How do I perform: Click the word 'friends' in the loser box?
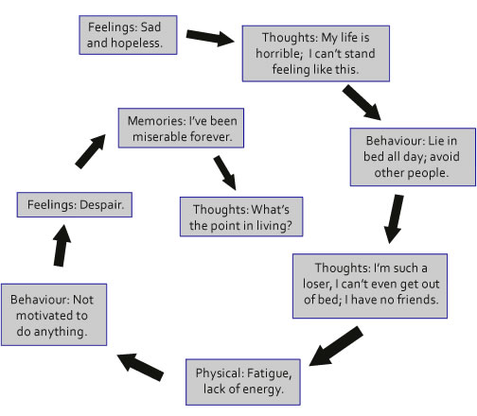pos(415,302)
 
